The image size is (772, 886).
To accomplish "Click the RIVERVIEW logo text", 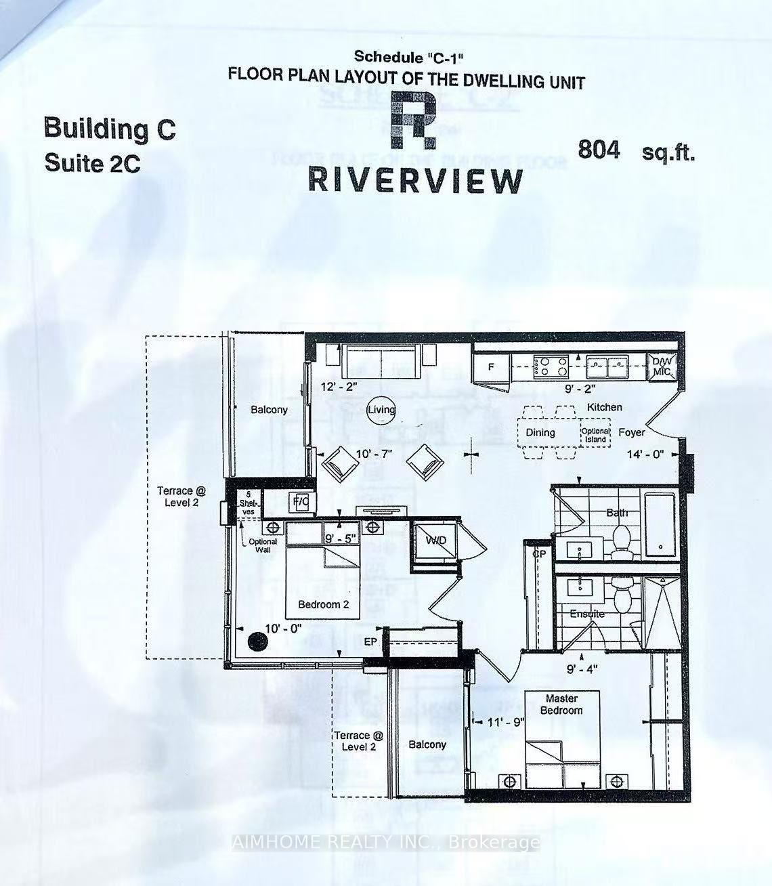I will [x=416, y=180].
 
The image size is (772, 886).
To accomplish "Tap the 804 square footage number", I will [x=599, y=150].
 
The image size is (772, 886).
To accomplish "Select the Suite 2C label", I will [x=92, y=163].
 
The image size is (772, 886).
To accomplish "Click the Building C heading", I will [x=110, y=128].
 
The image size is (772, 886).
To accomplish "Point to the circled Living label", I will [x=381, y=410].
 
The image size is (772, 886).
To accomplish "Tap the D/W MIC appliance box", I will [x=662, y=366].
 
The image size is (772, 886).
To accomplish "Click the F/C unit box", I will [x=300, y=502].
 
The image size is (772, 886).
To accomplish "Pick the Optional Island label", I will [x=595, y=436].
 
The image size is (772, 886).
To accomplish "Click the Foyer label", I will [x=631, y=432].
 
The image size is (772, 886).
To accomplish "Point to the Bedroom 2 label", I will [x=323, y=604].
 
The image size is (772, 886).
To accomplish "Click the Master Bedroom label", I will [x=561, y=704].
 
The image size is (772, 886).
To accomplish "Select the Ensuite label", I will [x=586, y=614].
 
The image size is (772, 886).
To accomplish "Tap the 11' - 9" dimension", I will [x=505, y=722].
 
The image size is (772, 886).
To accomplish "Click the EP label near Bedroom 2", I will [x=370, y=641].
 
